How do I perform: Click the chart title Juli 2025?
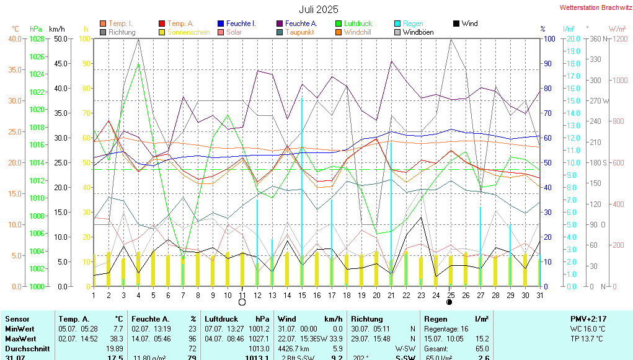319,9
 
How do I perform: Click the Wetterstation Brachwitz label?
591,8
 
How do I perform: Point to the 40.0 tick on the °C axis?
14,39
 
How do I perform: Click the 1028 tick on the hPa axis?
37,39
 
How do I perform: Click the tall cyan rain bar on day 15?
302,186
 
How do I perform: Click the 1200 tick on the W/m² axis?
618,39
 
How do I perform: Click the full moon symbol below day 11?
242,302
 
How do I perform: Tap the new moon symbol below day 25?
449,302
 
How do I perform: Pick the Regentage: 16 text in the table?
446,329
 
